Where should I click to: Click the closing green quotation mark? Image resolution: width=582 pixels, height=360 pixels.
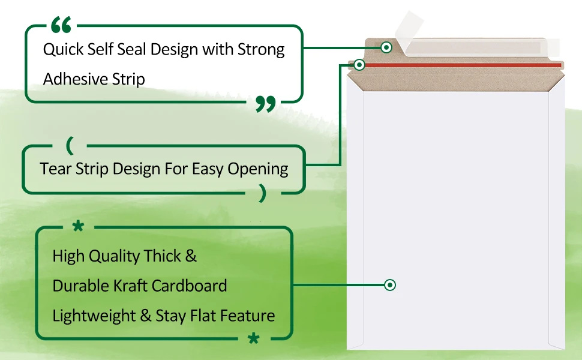click(x=265, y=104)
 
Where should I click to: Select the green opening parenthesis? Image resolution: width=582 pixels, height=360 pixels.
click(x=71, y=146)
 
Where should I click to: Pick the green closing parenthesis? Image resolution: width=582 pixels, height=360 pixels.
click(x=262, y=193)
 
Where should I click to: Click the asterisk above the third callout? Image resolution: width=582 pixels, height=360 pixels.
click(x=78, y=226)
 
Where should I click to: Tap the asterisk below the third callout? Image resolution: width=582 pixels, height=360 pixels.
click(x=254, y=339)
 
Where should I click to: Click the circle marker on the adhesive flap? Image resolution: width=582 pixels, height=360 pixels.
click(x=387, y=47)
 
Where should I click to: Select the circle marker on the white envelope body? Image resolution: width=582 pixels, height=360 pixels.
click(x=390, y=285)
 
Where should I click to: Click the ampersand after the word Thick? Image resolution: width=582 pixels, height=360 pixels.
click(x=191, y=256)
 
